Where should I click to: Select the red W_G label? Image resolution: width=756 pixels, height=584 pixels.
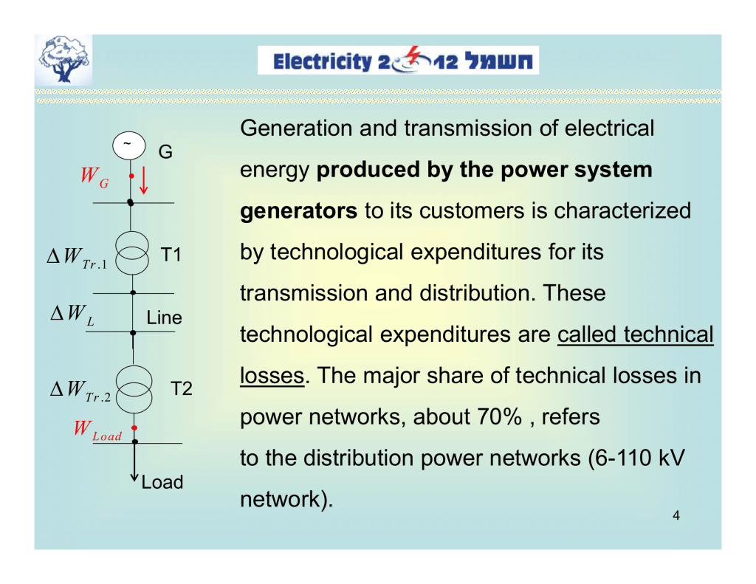point(94,177)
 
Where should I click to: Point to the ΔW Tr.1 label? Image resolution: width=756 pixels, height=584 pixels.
point(77,258)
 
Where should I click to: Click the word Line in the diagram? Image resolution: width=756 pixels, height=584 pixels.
point(163,318)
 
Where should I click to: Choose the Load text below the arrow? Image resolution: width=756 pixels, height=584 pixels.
point(162,482)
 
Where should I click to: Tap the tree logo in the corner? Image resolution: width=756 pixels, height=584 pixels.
point(66,61)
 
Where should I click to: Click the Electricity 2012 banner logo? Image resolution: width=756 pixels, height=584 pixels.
point(398,61)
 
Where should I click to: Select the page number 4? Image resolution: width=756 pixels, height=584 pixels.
point(676,515)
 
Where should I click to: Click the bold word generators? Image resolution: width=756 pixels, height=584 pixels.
point(299,212)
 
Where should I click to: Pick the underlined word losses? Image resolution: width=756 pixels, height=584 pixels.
point(272,377)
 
